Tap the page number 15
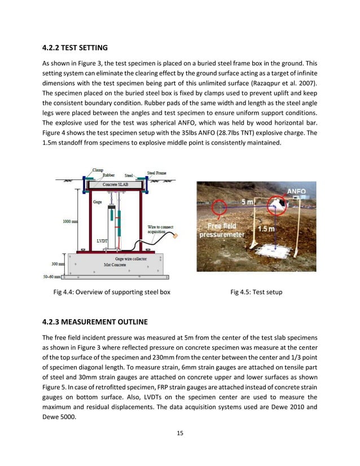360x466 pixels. pos(179,433)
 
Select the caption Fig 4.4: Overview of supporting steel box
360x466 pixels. pos(112,292)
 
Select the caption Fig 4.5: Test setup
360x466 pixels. pos(256,292)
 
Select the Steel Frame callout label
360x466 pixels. pos(157,173)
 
